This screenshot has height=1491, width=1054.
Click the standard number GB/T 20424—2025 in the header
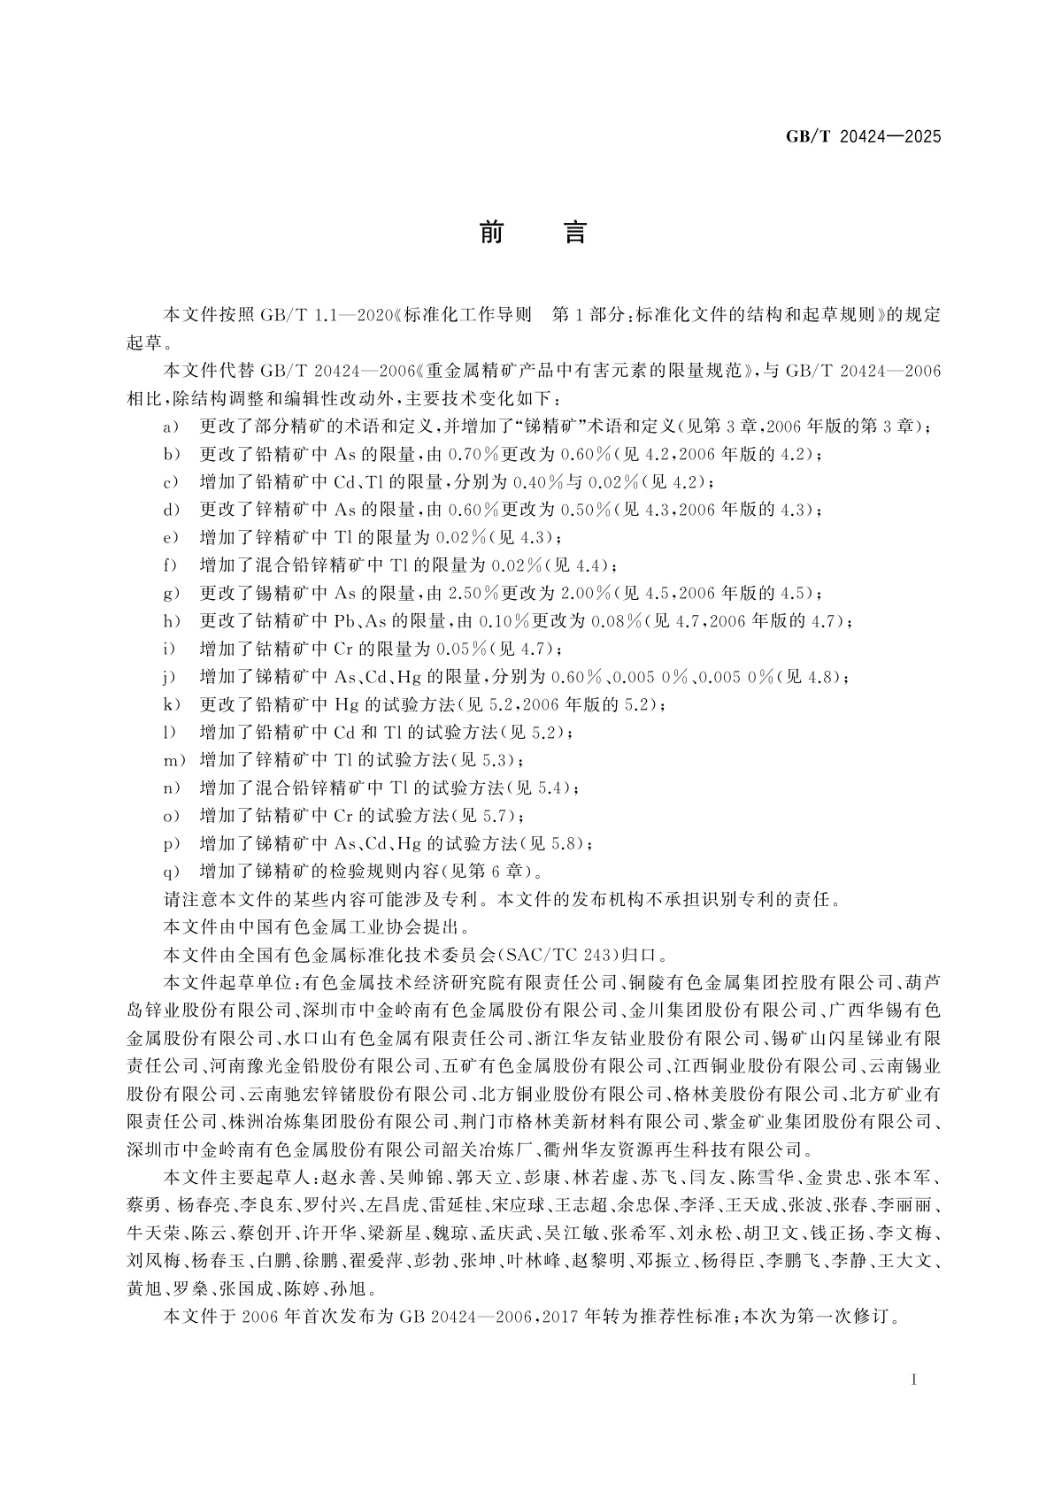(x=864, y=137)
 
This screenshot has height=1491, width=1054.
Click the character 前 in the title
(x=492, y=233)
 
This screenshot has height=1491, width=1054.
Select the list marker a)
(x=172, y=427)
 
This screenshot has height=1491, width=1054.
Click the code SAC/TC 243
(x=558, y=955)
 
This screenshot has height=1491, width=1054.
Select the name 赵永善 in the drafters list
(x=350, y=1178)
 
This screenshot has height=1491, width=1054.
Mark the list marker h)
(x=172, y=621)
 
